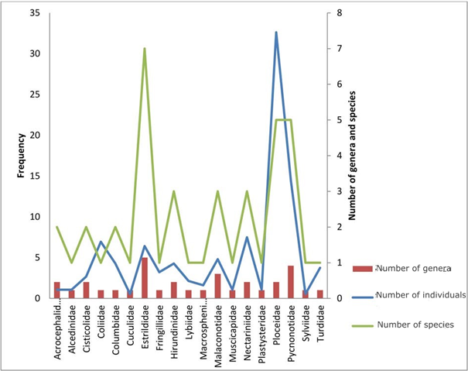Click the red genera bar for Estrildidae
[x=145, y=277]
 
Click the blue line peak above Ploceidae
[x=276, y=33]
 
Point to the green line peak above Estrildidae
[x=145, y=49]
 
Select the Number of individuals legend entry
[x=418, y=294]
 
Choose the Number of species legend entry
[x=414, y=323]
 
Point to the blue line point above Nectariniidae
[x=247, y=237]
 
